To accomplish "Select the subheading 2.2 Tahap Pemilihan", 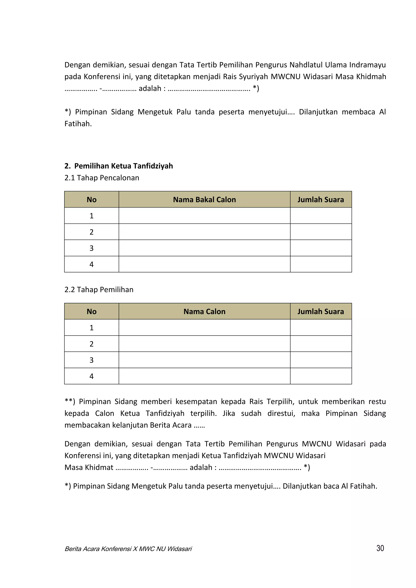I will tap(99, 290).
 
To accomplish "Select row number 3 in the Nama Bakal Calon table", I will tap(91, 248).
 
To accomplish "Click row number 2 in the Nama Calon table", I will tap(91, 344).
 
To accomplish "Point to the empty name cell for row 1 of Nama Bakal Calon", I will tap(204, 216).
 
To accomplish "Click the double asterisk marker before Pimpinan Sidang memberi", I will tap(70, 402).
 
